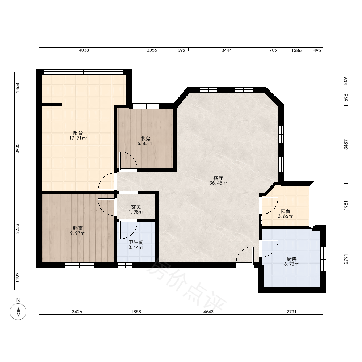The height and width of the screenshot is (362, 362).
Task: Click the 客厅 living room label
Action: tap(218, 178)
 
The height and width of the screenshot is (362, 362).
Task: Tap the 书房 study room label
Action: tap(145, 139)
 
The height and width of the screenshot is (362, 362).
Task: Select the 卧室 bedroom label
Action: tap(78, 228)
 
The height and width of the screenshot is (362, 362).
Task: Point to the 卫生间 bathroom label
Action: tap(136, 242)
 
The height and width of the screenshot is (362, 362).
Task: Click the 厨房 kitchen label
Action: tap(291, 259)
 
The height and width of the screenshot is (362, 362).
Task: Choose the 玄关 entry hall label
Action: tap(136, 207)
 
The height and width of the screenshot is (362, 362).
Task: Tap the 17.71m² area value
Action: tap(78, 138)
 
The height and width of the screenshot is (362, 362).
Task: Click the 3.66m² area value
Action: tap(285, 216)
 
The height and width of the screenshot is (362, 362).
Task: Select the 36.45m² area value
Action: tap(218, 183)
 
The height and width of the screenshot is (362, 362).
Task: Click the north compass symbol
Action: tap(18, 311)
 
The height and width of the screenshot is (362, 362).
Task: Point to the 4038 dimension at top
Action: tap(84, 50)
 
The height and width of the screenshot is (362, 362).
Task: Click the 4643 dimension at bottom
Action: tap(209, 312)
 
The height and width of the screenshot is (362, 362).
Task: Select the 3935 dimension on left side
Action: tap(17, 148)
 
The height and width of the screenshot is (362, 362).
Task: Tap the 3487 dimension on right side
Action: tap(346, 144)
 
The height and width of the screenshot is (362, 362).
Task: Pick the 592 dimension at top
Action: tap(181, 50)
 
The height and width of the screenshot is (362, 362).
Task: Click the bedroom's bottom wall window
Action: tap(79, 265)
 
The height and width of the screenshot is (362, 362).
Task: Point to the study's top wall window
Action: tap(146, 106)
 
